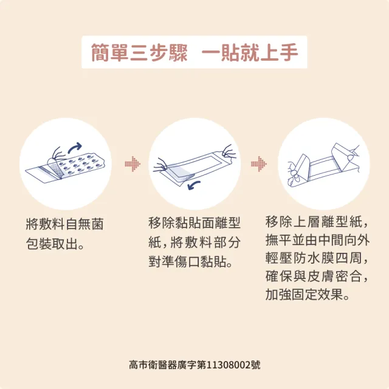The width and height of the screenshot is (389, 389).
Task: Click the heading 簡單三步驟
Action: [139, 52]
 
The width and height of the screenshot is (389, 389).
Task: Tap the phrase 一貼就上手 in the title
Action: [250, 52]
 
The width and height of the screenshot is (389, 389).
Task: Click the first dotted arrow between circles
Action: [133, 164]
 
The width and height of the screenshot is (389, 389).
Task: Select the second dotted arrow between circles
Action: [259, 164]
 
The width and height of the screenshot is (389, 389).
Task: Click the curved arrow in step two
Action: [194, 185]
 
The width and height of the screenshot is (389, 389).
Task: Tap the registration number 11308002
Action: [229, 365]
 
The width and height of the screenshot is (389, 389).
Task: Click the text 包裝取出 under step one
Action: [52, 244]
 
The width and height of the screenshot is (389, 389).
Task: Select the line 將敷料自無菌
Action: [65, 224]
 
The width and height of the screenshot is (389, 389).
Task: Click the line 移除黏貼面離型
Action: [194, 222]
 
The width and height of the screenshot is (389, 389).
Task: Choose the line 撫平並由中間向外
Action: [317, 240]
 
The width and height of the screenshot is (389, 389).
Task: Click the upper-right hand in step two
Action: [229, 152]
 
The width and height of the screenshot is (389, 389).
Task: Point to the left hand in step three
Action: [293, 174]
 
